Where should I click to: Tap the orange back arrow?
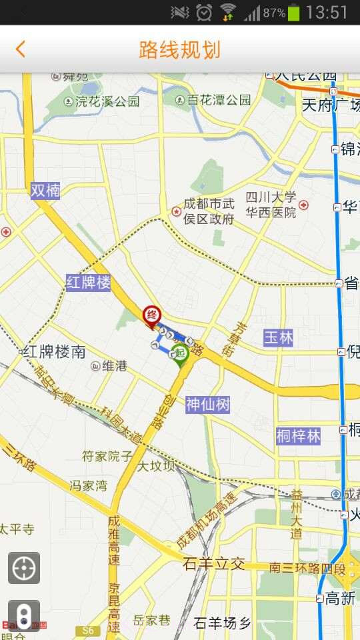pos(21,49)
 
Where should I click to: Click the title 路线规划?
pos(179,49)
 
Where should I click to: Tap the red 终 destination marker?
pos(153,315)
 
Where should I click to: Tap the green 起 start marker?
pos(179,353)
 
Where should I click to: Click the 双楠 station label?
pos(45,191)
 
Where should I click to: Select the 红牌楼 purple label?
pos(88,283)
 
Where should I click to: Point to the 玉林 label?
pos(278,337)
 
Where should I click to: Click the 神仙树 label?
pos(207,404)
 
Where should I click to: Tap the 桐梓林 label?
pos(298,437)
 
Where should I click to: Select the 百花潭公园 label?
pos(213,100)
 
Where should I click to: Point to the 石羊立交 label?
pos(213,564)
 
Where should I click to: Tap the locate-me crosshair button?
pos(24,568)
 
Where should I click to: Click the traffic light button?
pos(24,615)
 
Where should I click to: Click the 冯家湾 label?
pos(89,485)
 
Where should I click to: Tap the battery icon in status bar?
pos(294,12)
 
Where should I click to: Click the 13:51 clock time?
pos(327,12)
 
